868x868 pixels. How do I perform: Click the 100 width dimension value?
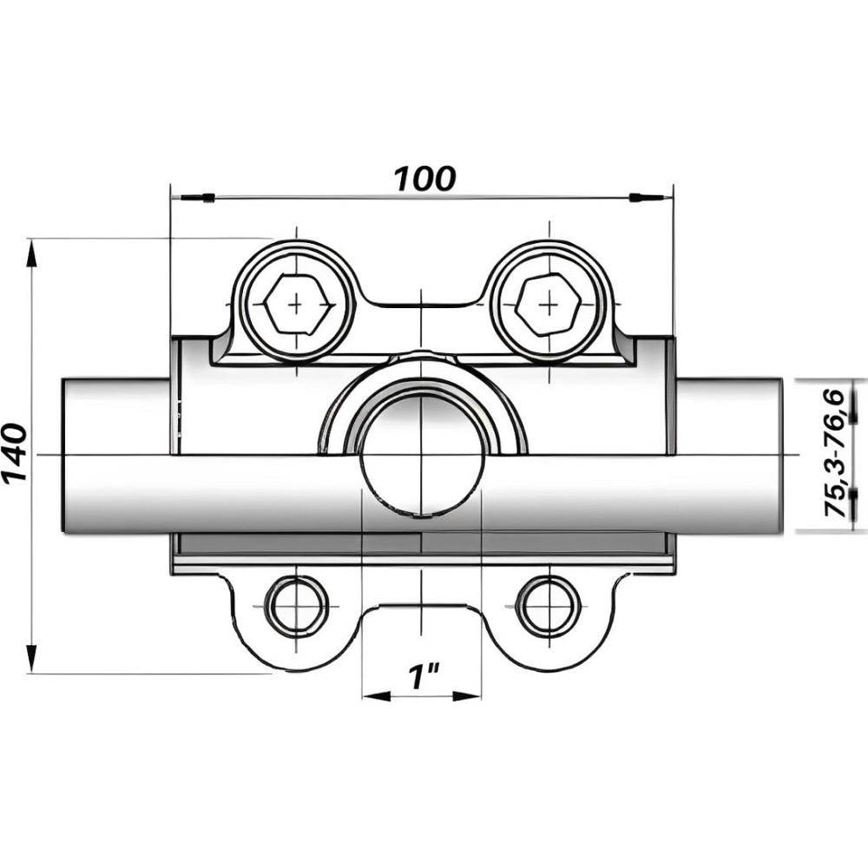coord(424,178)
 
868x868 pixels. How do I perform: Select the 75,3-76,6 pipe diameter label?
coord(836,455)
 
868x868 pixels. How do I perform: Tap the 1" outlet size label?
coord(424,676)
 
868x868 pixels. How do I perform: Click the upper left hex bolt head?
coord(297,305)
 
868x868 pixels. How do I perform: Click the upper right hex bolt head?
coord(548,305)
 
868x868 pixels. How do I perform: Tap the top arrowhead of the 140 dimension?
coord(32,253)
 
